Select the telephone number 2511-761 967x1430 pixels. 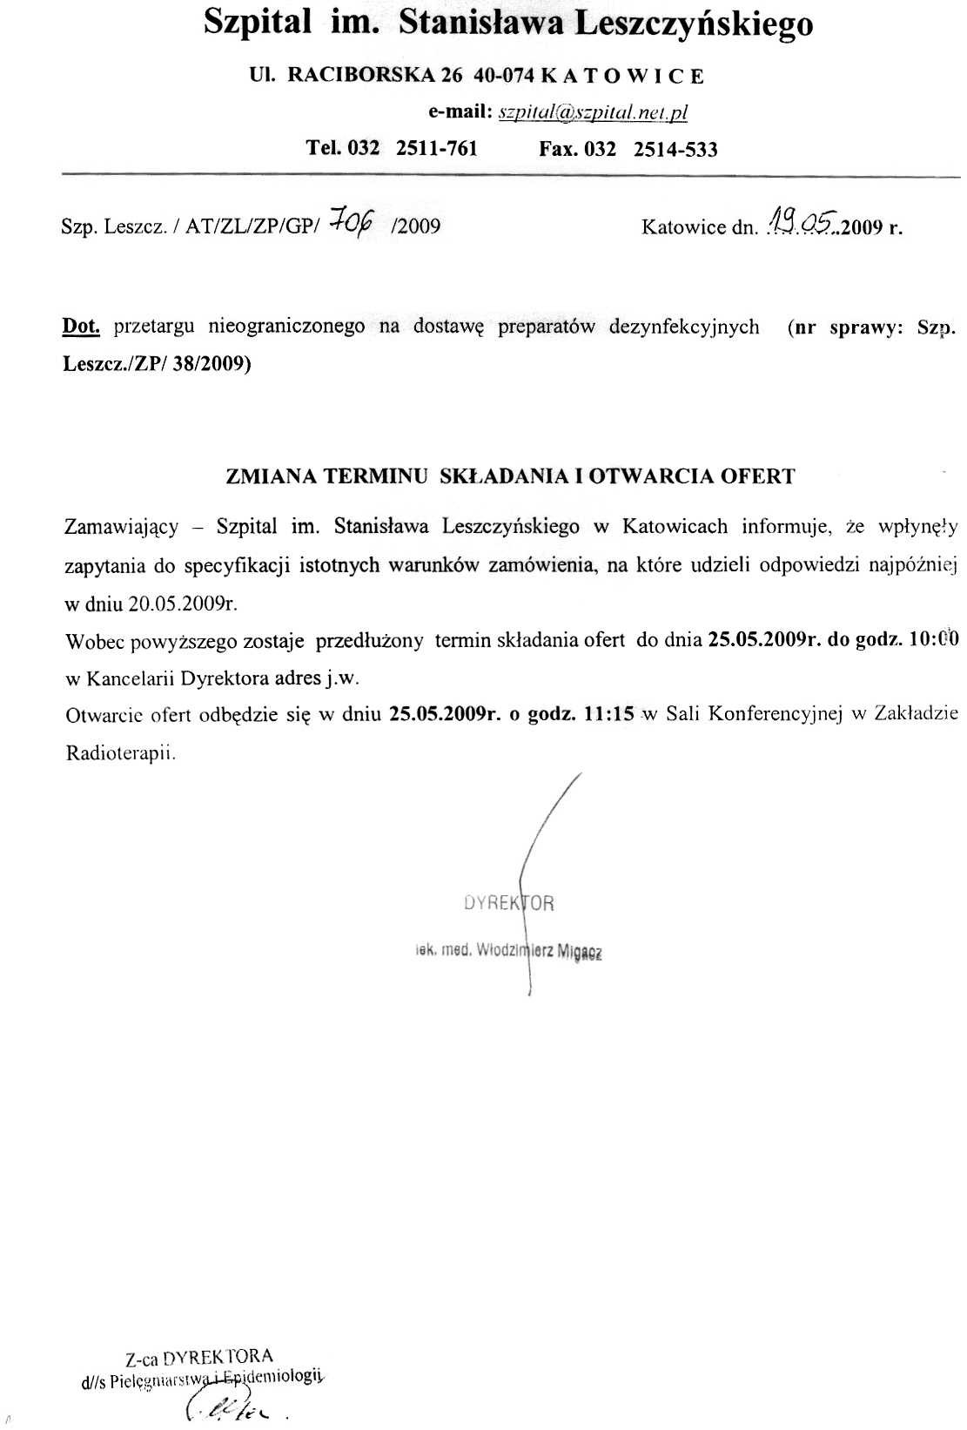pos(436,148)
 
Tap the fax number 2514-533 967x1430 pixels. pos(675,149)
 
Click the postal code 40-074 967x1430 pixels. pos(504,76)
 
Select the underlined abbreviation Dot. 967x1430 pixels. pos(81,327)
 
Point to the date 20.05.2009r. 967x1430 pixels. pos(184,604)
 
